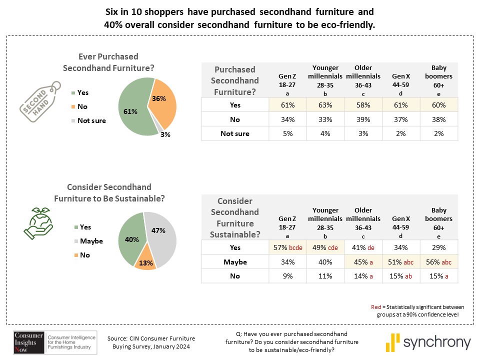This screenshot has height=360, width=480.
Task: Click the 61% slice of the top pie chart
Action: pos(132,112)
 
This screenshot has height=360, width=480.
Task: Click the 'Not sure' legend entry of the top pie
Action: pos(91,120)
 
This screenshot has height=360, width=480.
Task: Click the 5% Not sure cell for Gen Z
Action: pos(287,133)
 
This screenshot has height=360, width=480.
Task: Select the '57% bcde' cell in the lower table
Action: pos(287,247)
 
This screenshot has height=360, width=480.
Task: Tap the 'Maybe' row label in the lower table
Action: pos(235,262)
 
